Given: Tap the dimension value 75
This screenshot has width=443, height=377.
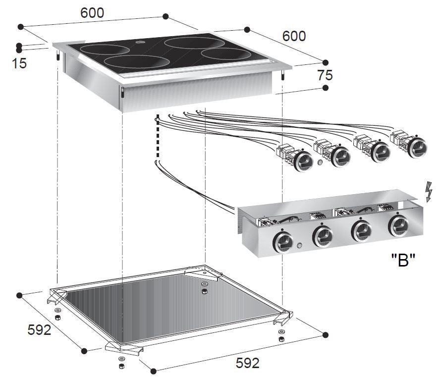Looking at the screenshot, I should (325, 75).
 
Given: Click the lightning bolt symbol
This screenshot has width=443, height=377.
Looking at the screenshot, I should (429, 192).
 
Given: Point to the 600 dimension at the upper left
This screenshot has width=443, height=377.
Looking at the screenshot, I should (92, 13).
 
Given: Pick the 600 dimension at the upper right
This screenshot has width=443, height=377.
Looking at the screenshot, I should (294, 36).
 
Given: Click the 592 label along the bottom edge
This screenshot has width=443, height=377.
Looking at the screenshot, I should (247, 363).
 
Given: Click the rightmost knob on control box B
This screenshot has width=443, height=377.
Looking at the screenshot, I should (399, 226).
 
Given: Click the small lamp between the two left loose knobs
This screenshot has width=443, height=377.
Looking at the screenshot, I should (321, 162).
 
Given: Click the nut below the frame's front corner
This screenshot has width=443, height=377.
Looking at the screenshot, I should (121, 366).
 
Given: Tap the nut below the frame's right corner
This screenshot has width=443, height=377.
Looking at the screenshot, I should (281, 339).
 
